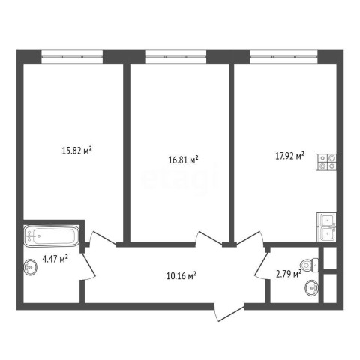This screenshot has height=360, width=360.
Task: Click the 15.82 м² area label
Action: coord(76,151)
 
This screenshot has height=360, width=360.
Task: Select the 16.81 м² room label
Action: coord(184,160)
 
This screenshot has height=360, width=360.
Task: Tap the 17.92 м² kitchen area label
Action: coord(289,156)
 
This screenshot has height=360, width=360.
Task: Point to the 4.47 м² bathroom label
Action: coord(55,259)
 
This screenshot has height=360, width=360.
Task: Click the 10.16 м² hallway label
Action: coord(181,275)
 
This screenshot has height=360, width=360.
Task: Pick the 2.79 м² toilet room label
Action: coord(289,274)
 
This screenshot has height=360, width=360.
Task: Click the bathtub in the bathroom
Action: coord(52,235)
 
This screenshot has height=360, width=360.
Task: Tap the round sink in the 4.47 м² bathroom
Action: coord(31,267)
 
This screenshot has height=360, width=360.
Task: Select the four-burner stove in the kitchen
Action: coord(326,162)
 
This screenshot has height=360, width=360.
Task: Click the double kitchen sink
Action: coord(327,227)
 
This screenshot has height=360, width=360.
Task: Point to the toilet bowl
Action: coord(310,265)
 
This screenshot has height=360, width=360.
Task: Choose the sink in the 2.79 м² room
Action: coord(312,288)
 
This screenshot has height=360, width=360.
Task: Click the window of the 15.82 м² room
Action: coord(72,57)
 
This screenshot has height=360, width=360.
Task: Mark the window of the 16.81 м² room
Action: coord(175,57)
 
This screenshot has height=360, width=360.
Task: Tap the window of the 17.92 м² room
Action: coord(283,57)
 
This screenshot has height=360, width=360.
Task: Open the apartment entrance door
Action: coord(229,312)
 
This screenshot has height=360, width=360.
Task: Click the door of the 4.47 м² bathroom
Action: coord(88,265)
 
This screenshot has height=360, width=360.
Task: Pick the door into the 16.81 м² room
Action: coord(209,238)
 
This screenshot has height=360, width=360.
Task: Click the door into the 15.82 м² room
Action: coord(103,238)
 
